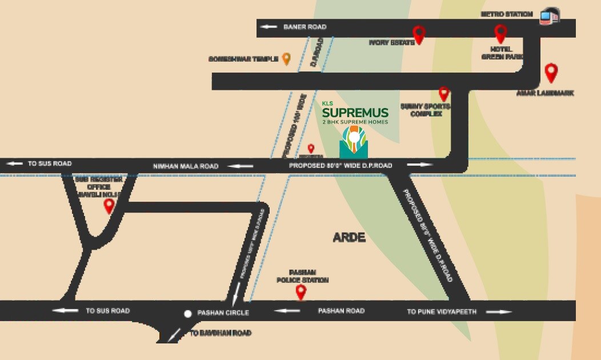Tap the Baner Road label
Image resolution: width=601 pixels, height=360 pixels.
[305, 27]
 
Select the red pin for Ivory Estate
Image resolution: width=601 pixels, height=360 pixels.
[419, 34]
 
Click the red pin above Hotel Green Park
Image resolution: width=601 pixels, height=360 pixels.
[500, 33]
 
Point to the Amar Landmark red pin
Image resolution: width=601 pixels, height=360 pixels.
[551, 72]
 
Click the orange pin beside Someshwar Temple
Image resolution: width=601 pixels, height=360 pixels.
[286, 58]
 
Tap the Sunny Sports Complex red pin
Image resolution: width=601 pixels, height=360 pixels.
[444, 93]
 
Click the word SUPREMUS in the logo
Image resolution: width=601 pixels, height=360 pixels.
[355, 113]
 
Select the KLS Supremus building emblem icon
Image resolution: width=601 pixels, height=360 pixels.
[354, 142]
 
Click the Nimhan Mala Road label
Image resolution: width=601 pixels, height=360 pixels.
[186, 166]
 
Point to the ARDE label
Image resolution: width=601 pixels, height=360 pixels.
[349, 238]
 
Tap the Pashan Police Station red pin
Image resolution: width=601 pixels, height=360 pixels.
[300, 292]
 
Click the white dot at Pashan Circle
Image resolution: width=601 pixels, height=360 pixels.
[187, 313]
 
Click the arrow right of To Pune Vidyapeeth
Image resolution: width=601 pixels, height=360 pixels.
[498, 311]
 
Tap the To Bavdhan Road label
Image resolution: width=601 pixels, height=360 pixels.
[221, 333]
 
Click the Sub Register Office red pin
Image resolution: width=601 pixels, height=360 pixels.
[109, 205]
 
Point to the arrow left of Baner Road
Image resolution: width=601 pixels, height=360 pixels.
[269, 27]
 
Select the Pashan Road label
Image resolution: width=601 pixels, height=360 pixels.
[341, 311]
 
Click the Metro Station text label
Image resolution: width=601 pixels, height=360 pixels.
[507, 14]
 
